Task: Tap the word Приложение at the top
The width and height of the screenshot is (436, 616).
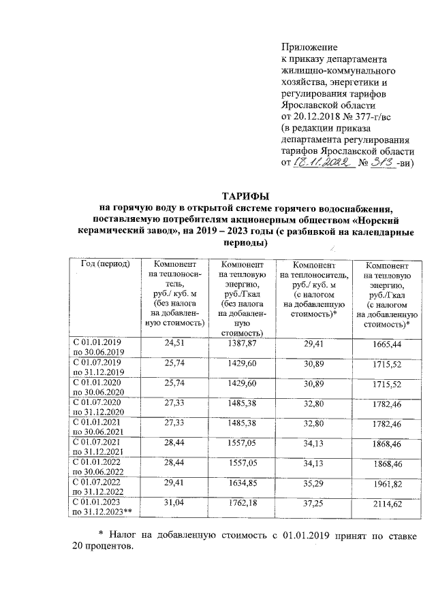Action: click(x=310, y=47)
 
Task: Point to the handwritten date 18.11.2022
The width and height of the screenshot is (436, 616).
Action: click(x=322, y=163)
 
